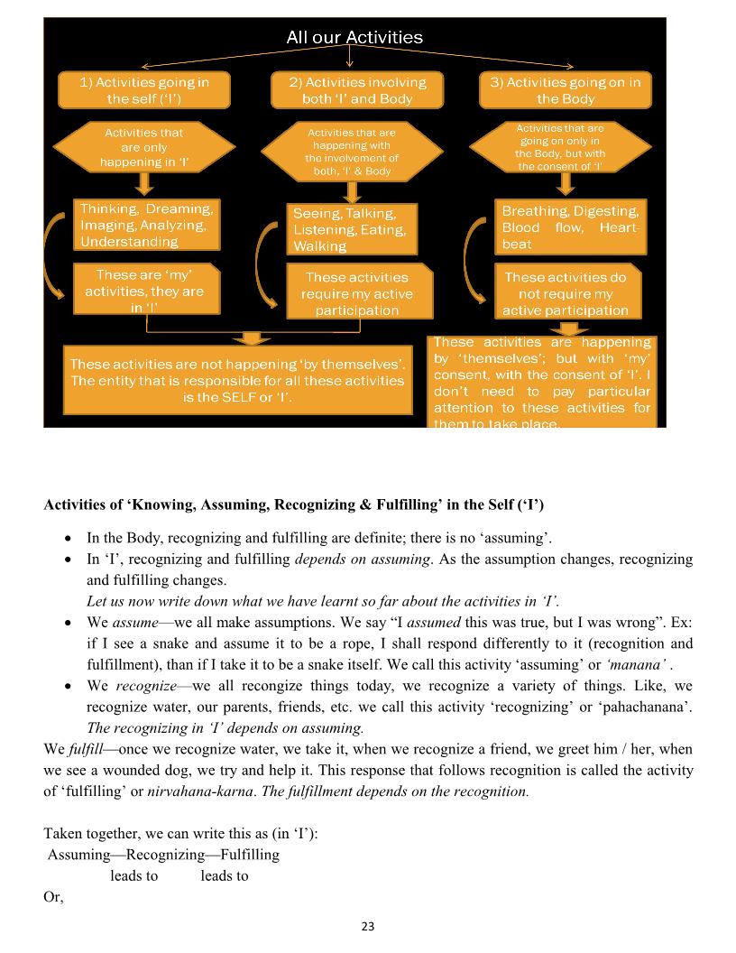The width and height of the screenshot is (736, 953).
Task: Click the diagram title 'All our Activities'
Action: [354, 37]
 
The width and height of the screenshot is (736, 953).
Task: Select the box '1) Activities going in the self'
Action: [144, 90]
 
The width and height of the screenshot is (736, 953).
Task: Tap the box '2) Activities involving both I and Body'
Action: [357, 90]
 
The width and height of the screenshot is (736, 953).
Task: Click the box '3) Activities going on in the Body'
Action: [566, 90]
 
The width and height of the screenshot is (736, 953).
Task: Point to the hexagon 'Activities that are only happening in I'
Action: [144, 147]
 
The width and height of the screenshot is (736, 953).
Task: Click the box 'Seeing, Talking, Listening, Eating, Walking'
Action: [352, 229]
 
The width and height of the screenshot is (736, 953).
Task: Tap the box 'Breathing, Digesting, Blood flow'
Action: [570, 227]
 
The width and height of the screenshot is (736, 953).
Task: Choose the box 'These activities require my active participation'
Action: [356, 293]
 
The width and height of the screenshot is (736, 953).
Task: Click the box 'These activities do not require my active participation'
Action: [566, 293]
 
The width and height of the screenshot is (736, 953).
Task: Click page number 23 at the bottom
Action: [367, 926]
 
